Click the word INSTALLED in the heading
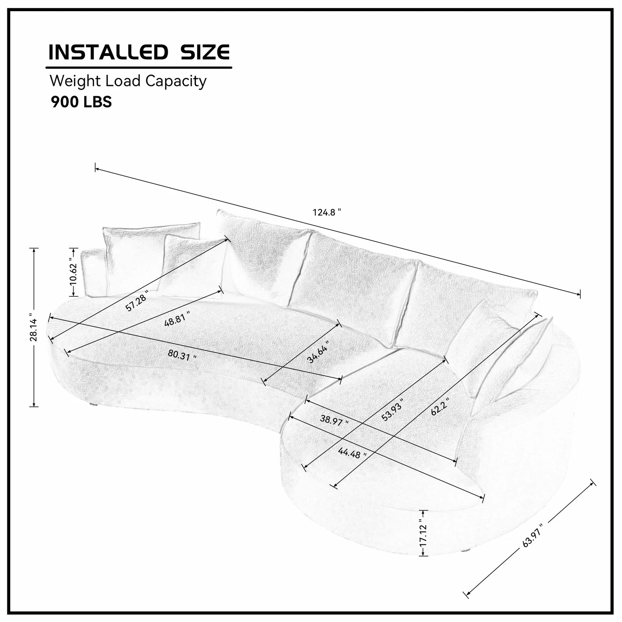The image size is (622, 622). [x=108, y=52]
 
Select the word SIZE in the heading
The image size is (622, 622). [x=205, y=52]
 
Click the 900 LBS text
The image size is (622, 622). [x=82, y=102]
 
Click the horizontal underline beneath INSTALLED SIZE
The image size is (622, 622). [x=139, y=68]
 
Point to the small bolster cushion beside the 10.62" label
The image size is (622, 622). [x=93, y=273]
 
